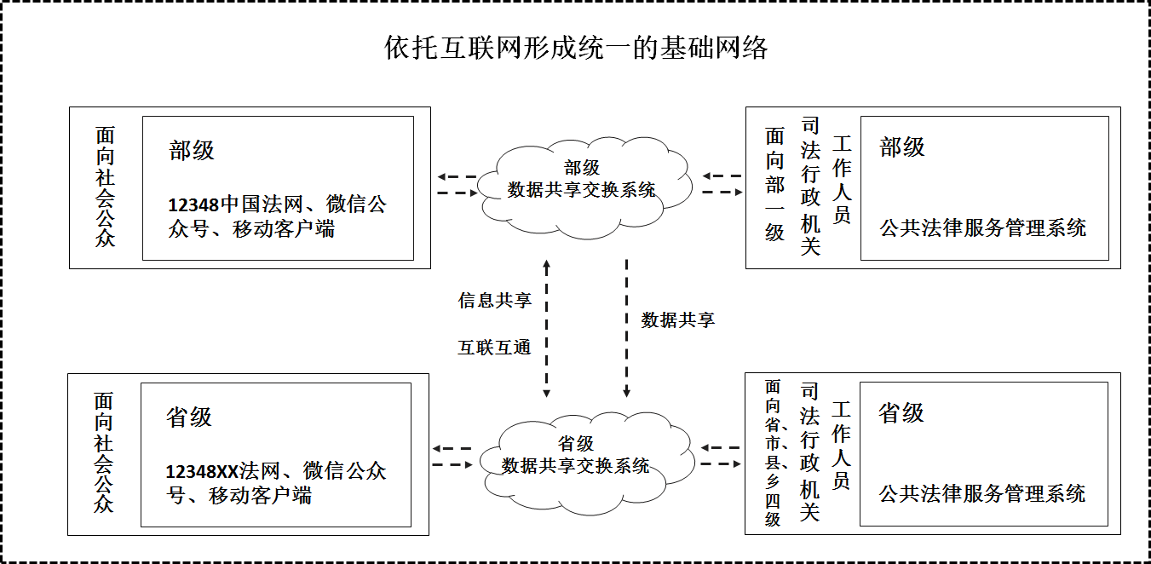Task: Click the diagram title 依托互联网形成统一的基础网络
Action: [x=576, y=48]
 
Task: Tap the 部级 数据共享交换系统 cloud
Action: [x=582, y=180]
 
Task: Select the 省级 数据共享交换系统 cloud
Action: [x=576, y=456]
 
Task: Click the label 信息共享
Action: [x=494, y=300]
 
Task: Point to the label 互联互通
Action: [x=494, y=348]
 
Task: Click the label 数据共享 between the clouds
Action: [x=677, y=320]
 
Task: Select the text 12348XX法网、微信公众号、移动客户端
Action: [x=276, y=483]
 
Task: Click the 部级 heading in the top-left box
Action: [x=192, y=151]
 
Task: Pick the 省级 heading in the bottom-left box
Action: [x=189, y=417]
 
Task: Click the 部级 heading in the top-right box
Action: [x=902, y=147]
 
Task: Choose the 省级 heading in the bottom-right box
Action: [x=901, y=413]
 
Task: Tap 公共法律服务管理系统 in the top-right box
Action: [x=983, y=227]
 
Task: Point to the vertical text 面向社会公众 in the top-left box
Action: [x=105, y=187]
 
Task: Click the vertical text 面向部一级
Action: [x=774, y=185]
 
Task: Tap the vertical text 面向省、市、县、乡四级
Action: [x=772, y=452]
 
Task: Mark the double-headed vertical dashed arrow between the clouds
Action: [x=547, y=329]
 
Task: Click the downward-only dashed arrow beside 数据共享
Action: [x=627, y=329]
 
